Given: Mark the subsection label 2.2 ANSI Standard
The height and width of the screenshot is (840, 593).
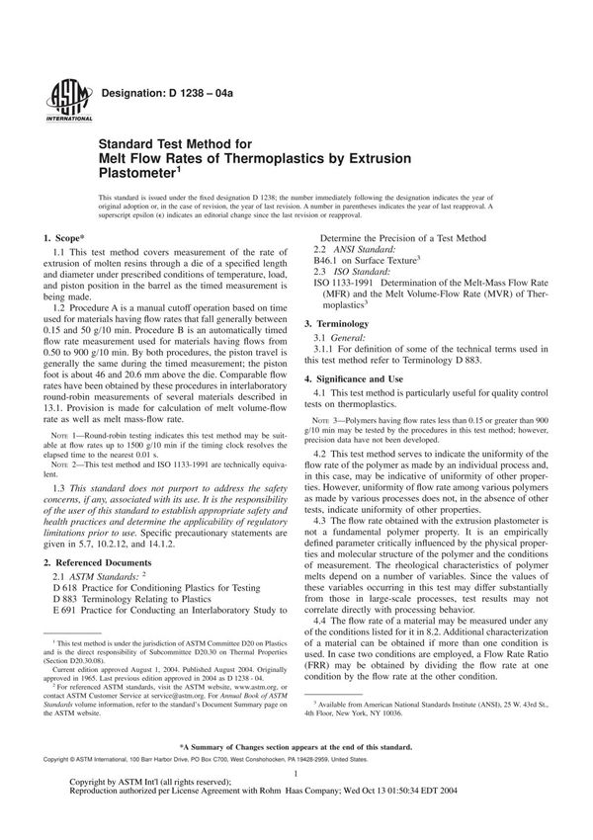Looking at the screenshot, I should tap(363, 248).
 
